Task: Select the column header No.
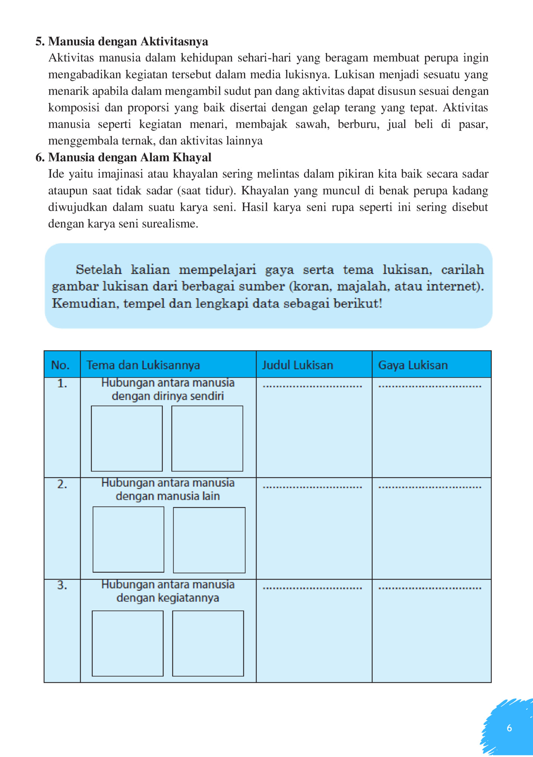pyautogui.click(x=60, y=365)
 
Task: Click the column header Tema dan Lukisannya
pyautogui.click(x=143, y=365)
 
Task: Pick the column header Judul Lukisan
pyautogui.click(x=297, y=365)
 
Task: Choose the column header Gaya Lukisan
pyautogui.click(x=413, y=365)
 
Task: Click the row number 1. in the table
pyautogui.click(x=62, y=383)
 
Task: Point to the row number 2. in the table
pyautogui.click(x=62, y=484)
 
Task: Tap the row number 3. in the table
pyautogui.click(x=62, y=585)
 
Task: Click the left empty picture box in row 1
pyautogui.click(x=127, y=438)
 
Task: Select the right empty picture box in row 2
pyautogui.click(x=209, y=540)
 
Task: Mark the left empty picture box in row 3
pyautogui.click(x=128, y=643)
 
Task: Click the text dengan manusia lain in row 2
pyautogui.click(x=168, y=496)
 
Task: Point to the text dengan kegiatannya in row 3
pyautogui.click(x=168, y=598)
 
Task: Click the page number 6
pyautogui.click(x=509, y=728)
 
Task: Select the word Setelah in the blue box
pyautogui.click(x=99, y=270)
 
